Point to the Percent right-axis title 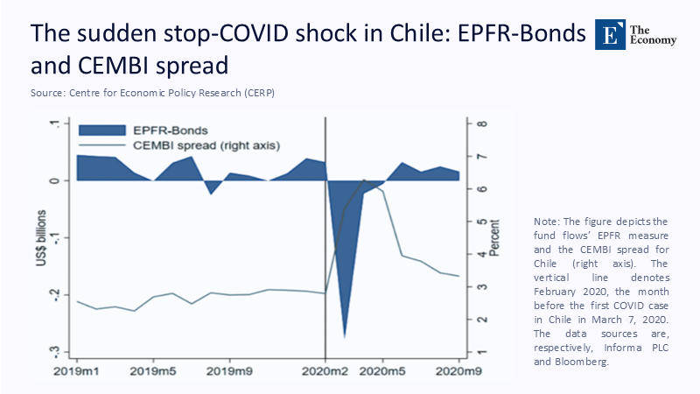tap(495, 236)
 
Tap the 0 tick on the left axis tap(54, 180)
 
